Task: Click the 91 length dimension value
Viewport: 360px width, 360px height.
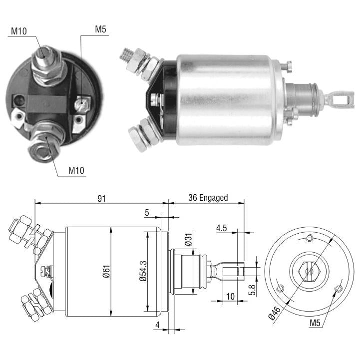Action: [101, 198]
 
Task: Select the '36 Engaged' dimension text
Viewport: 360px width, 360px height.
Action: [208, 198]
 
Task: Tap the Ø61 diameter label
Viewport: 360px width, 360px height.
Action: [106, 272]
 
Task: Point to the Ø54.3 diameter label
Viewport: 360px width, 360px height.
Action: [143, 271]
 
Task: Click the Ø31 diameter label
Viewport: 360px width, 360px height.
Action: [189, 239]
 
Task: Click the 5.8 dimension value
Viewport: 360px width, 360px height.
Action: [252, 290]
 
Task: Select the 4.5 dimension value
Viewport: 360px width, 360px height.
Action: [221, 228]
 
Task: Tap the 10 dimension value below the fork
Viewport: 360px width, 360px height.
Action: [230, 297]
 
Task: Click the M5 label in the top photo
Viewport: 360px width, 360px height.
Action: [100, 29]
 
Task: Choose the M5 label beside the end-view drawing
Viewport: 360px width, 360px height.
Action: [315, 323]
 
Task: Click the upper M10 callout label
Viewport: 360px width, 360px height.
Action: [19, 31]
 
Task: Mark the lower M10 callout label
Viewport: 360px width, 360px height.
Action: [76, 170]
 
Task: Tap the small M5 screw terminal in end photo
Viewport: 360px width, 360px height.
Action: [82, 104]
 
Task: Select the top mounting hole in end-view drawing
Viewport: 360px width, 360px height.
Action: [309, 238]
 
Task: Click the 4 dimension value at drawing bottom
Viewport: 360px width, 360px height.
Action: [157, 325]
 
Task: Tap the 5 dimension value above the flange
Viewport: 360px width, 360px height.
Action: [147, 213]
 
